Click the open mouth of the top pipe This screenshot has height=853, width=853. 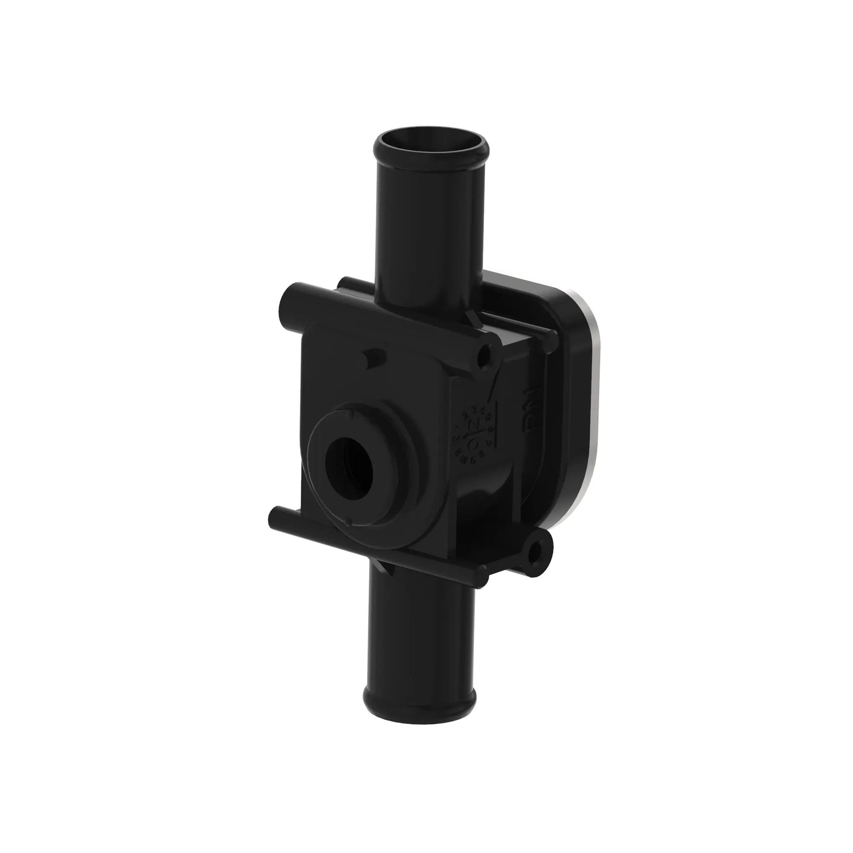click(x=430, y=148)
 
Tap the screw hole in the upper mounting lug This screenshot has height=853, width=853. click(x=486, y=354)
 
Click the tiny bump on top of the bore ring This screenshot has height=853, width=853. click(x=350, y=415)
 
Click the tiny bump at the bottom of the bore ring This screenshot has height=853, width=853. click(x=349, y=523)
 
